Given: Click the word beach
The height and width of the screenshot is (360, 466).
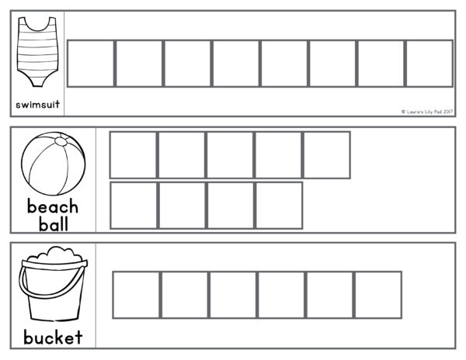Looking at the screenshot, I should click(53, 207).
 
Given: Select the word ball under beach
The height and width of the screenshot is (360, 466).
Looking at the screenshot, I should click(53, 224).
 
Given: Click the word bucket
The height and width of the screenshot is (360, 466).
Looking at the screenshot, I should click(53, 337).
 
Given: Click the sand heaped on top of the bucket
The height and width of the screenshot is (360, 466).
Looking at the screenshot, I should click(53, 254).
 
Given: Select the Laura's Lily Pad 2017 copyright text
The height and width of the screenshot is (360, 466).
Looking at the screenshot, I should click(426, 112).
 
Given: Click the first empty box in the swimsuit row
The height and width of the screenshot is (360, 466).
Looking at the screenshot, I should click(91, 64).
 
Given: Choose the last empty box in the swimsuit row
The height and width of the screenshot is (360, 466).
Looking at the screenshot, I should click(428, 64).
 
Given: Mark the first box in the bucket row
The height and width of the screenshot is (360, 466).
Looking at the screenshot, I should click(137, 295).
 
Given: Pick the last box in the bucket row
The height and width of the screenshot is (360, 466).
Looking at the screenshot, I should click(377, 295).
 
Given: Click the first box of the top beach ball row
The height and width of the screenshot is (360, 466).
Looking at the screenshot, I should click(133, 155).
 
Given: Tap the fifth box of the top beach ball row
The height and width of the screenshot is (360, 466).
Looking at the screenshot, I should click(326, 155).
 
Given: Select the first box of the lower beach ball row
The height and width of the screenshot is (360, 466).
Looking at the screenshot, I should click(134, 206).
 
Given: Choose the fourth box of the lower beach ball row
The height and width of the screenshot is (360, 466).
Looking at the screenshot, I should click(279, 206).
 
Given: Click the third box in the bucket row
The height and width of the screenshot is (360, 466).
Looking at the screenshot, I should click(233, 295).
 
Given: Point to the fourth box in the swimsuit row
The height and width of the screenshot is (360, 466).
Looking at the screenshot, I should click(235, 64).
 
